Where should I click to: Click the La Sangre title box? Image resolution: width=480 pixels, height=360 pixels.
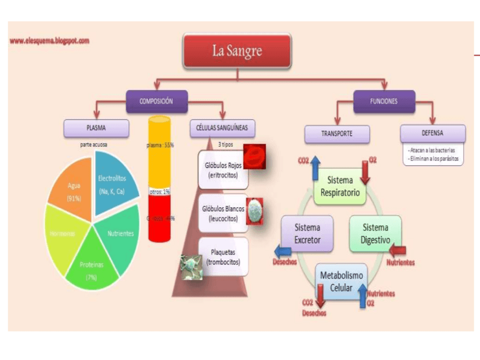tap(237, 50)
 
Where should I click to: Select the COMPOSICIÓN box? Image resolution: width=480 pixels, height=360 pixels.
tap(156, 101)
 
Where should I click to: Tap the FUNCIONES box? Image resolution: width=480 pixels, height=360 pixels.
tap(384, 101)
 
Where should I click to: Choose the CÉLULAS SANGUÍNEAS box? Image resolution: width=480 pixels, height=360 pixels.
tap(222, 128)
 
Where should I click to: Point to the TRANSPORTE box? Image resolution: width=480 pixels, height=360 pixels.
tap(337, 134)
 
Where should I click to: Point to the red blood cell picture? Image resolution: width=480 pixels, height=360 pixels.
tap(255, 156)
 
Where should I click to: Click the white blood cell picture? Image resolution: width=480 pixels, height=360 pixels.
tap(255, 211)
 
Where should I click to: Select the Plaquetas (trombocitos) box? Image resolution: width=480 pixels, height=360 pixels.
tap(223, 257)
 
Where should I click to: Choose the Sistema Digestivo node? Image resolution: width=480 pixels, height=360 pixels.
tap(375, 233)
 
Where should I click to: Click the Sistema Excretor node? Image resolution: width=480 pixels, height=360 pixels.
tap(307, 233)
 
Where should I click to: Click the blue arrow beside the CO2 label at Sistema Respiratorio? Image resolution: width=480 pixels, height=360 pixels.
tap(315, 167)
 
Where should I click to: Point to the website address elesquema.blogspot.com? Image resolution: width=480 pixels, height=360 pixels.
tap(50, 41)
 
